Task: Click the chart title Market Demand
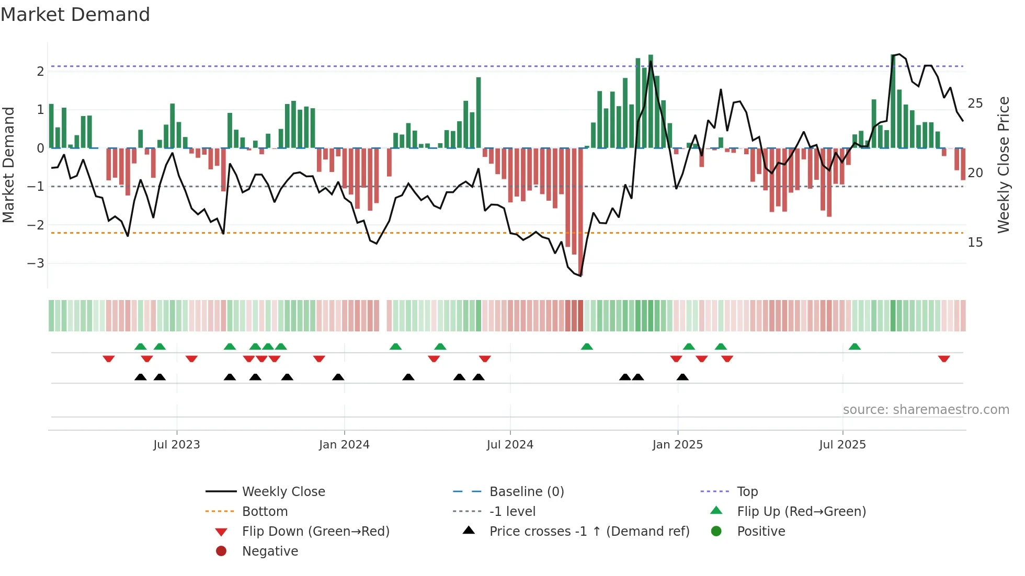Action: (x=75, y=15)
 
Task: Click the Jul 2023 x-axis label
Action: (x=177, y=445)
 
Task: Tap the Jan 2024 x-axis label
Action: (x=344, y=445)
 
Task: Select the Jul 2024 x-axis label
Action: (x=510, y=445)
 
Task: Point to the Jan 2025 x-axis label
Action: (x=678, y=445)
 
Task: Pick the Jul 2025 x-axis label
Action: (x=842, y=445)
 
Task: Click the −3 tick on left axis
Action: (x=36, y=263)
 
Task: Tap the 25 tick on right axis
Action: (x=975, y=103)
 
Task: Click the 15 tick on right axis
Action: (x=975, y=243)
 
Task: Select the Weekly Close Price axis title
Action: (x=1003, y=165)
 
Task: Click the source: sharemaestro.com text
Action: (x=926, y=410)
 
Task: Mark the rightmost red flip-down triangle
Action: (x=944, y=359)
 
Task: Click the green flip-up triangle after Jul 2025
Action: (x=855, y=347)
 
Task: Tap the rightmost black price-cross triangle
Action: (x=682, y=377)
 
